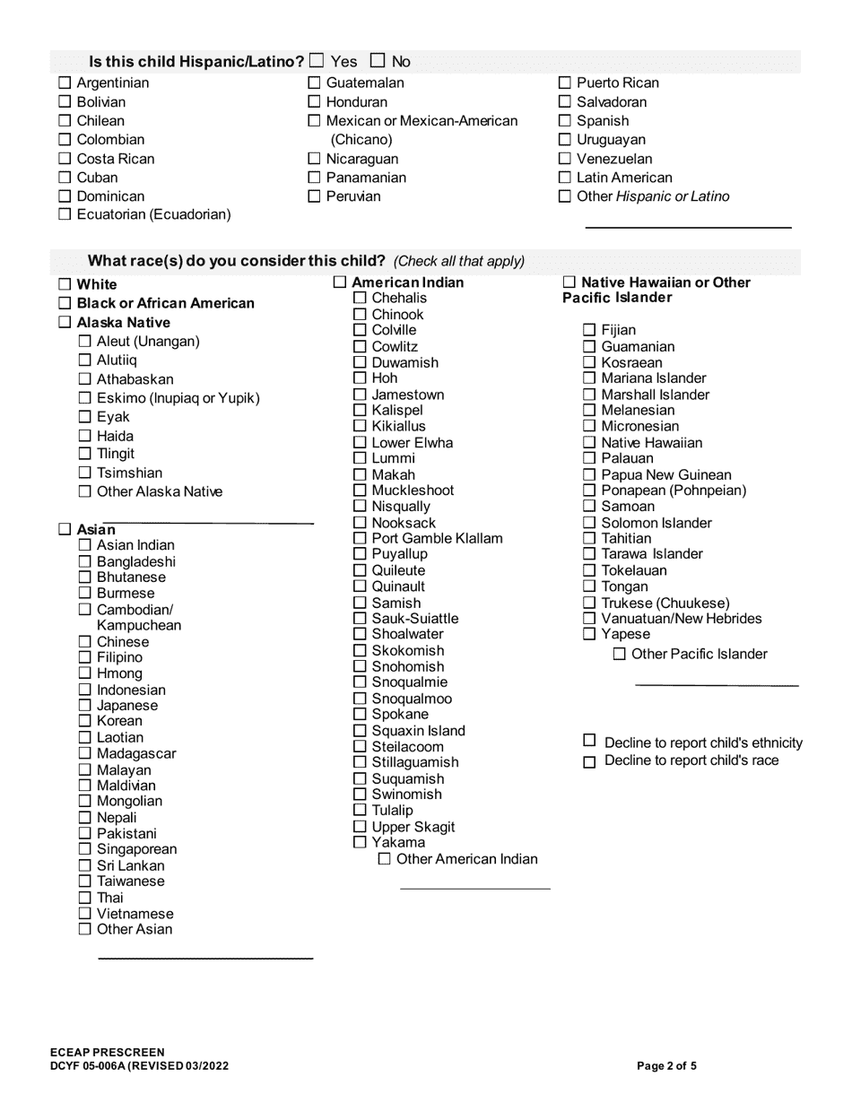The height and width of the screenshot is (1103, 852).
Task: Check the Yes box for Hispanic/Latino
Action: click(317, 62)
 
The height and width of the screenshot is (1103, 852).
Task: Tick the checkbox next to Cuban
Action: click(65, 178)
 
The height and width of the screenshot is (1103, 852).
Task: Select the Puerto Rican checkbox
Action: click(564, 83)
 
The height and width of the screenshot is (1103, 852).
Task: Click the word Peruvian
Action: click(353, 196)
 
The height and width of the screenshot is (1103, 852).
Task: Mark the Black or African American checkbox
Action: click(65, 303)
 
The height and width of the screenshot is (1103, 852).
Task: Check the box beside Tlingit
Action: click(84, 454)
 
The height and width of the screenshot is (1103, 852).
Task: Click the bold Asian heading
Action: click(90, 530)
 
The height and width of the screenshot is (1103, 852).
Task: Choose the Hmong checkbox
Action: click(84, 673)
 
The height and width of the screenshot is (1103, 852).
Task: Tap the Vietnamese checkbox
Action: click(84, 914)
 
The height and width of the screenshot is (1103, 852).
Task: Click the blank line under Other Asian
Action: click(204, 958)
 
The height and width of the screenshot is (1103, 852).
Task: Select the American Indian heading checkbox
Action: click(339, 282)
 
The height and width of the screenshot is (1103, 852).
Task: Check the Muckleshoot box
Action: click(360, 491)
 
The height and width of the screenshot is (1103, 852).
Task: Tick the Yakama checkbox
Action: click(360, 843)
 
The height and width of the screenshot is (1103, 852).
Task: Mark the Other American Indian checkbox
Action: click(385, 859)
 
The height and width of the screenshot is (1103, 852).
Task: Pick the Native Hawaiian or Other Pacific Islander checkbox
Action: click(569, 282)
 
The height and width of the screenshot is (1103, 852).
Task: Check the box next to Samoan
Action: click(589, 507)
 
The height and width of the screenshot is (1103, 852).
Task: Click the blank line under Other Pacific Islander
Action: click(716, 684)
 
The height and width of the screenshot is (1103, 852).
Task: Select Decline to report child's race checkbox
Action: click(589, 762)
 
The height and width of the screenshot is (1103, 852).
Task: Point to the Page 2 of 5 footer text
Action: click(666, 1066)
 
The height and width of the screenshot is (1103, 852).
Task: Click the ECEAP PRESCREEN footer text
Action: click(108, 1052)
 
